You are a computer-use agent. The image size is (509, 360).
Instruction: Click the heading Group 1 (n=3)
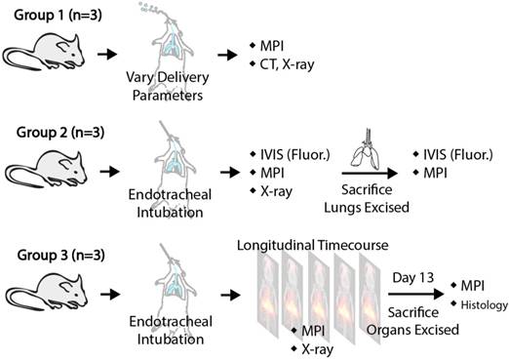pos(49,12)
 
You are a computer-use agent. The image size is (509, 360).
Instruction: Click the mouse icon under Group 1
pos(45,51)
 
